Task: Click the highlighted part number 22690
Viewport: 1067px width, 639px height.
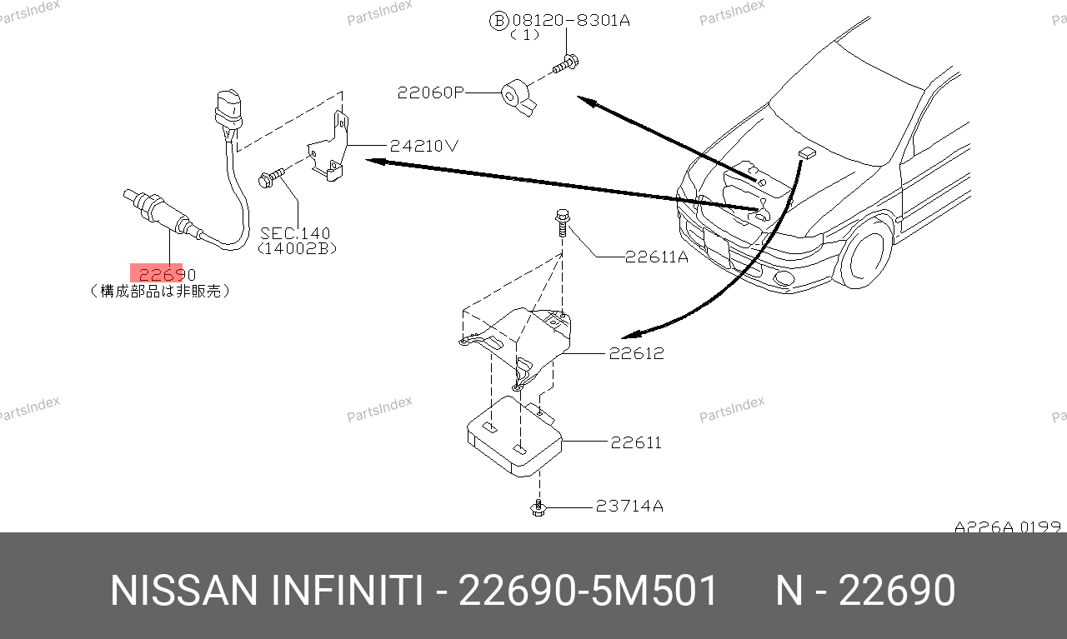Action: [x=168, y=275]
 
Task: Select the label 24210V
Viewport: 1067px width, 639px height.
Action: [x=424, y=146]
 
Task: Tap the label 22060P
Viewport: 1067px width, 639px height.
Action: [x=431, y=92]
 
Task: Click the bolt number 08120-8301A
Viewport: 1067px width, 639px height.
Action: [x=571, y=21]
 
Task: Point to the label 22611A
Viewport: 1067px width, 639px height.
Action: [x=656, y=257]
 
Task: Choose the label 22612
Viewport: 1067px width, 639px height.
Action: [x=636, y=353]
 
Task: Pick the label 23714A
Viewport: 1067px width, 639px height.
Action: [x=629, y=506]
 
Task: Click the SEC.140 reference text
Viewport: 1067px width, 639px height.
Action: [x=295, y=233]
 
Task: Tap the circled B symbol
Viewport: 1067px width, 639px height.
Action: [x=498, y=21]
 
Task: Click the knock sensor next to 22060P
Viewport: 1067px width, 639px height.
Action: [x=517, y=97]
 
